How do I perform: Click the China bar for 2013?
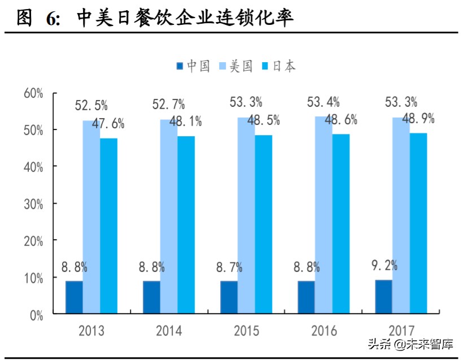click(x=74, y=297)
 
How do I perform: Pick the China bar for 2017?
click(x=383, y=297)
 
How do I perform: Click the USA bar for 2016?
click(x=324, y=215)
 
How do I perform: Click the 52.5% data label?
click(x=91, y=106)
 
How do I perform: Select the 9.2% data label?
click(x=384, y=264)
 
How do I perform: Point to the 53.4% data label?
click(x=323, y=102)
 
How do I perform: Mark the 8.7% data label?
click(x=229, y=267)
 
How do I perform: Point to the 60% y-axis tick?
click(x=33, y=93)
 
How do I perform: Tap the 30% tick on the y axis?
click(x=33, y=203)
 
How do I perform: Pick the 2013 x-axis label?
click(x=91, y=330)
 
